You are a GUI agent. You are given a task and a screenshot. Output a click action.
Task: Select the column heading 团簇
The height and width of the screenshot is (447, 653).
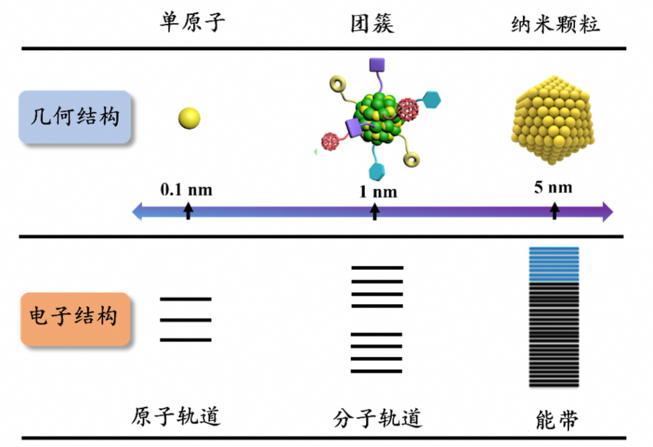coord(372,23)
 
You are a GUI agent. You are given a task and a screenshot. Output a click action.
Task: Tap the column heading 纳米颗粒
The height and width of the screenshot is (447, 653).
coord(556,24)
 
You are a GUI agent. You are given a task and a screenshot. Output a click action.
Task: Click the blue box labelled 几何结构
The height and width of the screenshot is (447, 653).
coord(75,117)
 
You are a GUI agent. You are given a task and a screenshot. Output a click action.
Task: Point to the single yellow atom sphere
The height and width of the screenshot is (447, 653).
coord(188,117)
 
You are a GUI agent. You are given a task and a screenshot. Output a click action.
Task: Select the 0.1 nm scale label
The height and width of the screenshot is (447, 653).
coord(186,189)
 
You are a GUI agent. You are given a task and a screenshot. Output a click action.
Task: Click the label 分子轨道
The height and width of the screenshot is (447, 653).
coord(377,418)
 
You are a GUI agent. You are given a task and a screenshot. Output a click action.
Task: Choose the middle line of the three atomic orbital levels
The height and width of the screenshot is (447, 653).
coord(186,320)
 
